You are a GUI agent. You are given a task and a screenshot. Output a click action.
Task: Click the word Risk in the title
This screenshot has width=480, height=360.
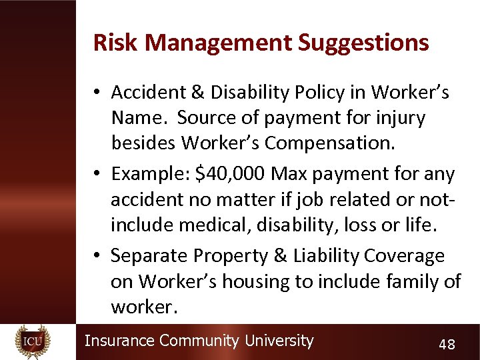(116, 43)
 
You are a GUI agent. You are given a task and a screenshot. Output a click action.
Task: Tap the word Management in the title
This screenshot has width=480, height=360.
(219, 43)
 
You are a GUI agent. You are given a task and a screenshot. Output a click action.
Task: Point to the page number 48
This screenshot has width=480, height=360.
(447, 344)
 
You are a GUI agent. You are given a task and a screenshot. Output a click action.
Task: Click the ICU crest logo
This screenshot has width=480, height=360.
(33, 341)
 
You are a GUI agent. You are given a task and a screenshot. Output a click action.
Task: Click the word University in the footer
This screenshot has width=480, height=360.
(279, 341)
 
